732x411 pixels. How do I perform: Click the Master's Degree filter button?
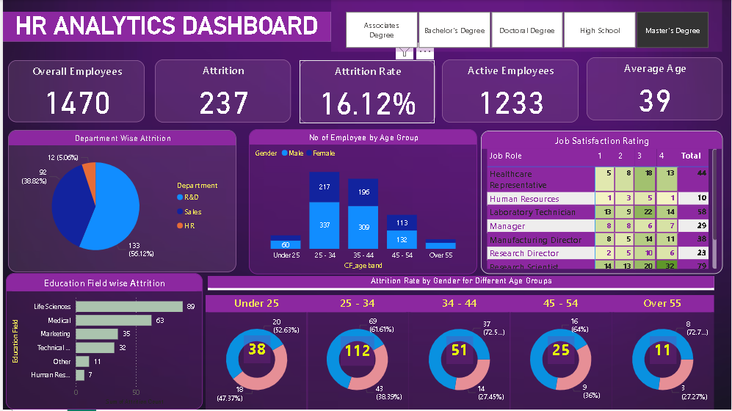672,31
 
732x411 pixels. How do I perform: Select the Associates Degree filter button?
381,30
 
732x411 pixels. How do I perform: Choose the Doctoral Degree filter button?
526,31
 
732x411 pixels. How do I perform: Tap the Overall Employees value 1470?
78,103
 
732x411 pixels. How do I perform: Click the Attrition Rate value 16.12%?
368,104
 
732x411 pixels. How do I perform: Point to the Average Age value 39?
654,100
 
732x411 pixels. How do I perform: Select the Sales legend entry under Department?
192,212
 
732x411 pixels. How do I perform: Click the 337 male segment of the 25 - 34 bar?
324,225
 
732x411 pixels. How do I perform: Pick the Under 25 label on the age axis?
285,255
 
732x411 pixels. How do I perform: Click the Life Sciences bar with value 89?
128,307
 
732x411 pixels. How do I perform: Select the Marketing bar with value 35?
96,334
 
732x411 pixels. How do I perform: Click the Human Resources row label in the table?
524,199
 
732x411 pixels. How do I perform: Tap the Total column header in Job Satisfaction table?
690,156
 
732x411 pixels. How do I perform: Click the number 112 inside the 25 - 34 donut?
358,350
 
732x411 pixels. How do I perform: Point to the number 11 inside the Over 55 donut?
662,350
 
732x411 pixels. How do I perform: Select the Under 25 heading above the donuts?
256,303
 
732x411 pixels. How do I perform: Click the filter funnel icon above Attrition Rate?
404,51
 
